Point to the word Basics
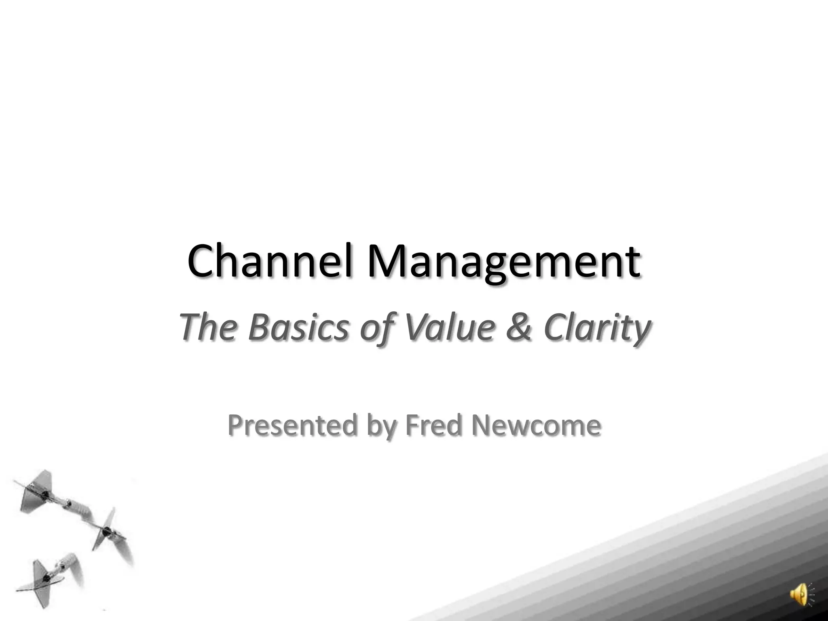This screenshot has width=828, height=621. tap(298, 327)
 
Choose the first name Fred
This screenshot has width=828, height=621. tap(433, 425)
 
